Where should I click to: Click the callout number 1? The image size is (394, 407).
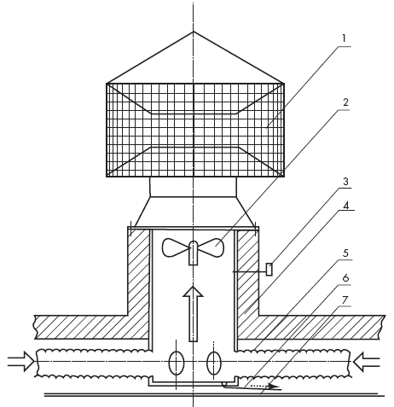344,38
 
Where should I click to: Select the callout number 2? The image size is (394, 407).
345,102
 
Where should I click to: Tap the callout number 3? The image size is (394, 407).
345,181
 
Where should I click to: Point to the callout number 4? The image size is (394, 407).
346,206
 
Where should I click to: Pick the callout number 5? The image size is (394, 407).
345,253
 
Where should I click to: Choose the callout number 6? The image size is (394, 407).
345,277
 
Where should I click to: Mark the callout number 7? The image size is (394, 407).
345,299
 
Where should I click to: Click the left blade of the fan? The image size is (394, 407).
175,247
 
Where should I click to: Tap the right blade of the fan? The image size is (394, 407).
211,247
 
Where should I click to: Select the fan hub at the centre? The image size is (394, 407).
193,253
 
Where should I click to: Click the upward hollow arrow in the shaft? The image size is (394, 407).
193,314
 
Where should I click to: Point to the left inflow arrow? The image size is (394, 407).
21,361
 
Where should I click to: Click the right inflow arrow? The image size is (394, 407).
367,361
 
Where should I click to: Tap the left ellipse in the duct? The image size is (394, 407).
177,363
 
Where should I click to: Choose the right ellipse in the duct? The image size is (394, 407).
214,363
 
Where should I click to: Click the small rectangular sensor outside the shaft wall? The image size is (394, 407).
269,270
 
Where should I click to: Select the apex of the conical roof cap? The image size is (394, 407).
194,32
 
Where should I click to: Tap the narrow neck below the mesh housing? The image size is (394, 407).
193,187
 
